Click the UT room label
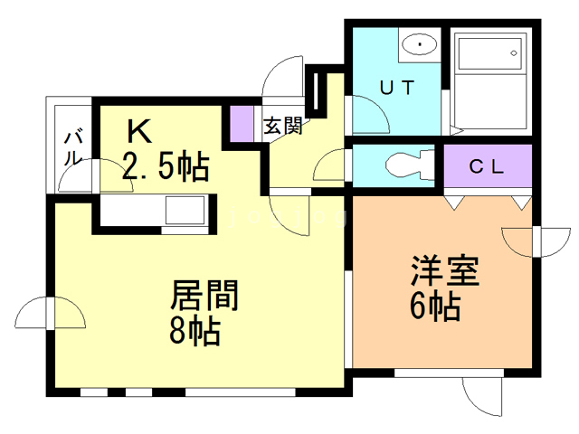[x=397, y=88]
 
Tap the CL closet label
[x=487, y=166]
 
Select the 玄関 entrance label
[x=283, y=127]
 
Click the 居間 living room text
[x=204, y=296]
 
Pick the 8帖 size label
[x=195, y=331]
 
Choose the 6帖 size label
[x=435, y=306]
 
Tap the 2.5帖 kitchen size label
[x=166, y=166]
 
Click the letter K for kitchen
[x=139, y=131]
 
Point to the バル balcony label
[x=72, y=147]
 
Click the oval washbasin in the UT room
[x=420, y=44]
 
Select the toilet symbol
[x=410, y=165]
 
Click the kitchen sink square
[x=185, y=210]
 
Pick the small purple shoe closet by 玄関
[x=242, y=124]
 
